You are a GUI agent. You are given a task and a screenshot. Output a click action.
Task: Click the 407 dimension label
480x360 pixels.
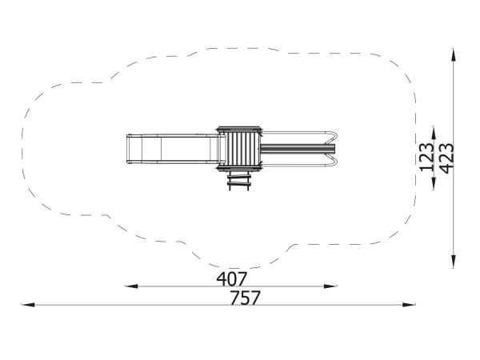tap(231, 279)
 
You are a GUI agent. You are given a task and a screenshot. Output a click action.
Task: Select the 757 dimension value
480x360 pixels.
tap(245, 298)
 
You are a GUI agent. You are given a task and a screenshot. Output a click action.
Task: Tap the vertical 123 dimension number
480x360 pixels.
tap(426, 157)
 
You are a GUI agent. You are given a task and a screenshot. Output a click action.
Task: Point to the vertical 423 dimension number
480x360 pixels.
tap(446, 158)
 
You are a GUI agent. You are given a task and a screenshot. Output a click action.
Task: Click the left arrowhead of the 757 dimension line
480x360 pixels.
tap(27, 305)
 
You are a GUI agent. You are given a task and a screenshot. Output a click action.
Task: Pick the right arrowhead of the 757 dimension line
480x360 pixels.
tap(409, 305)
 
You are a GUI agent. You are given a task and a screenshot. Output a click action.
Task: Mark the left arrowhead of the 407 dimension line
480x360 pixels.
tap(131, 286)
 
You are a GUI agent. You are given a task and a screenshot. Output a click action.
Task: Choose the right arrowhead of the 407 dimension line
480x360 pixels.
tap(330, 286)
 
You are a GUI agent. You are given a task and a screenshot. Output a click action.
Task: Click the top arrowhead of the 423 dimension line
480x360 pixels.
tap(454, 55)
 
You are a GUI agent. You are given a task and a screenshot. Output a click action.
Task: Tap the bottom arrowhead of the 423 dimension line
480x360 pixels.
tap(454, 261)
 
